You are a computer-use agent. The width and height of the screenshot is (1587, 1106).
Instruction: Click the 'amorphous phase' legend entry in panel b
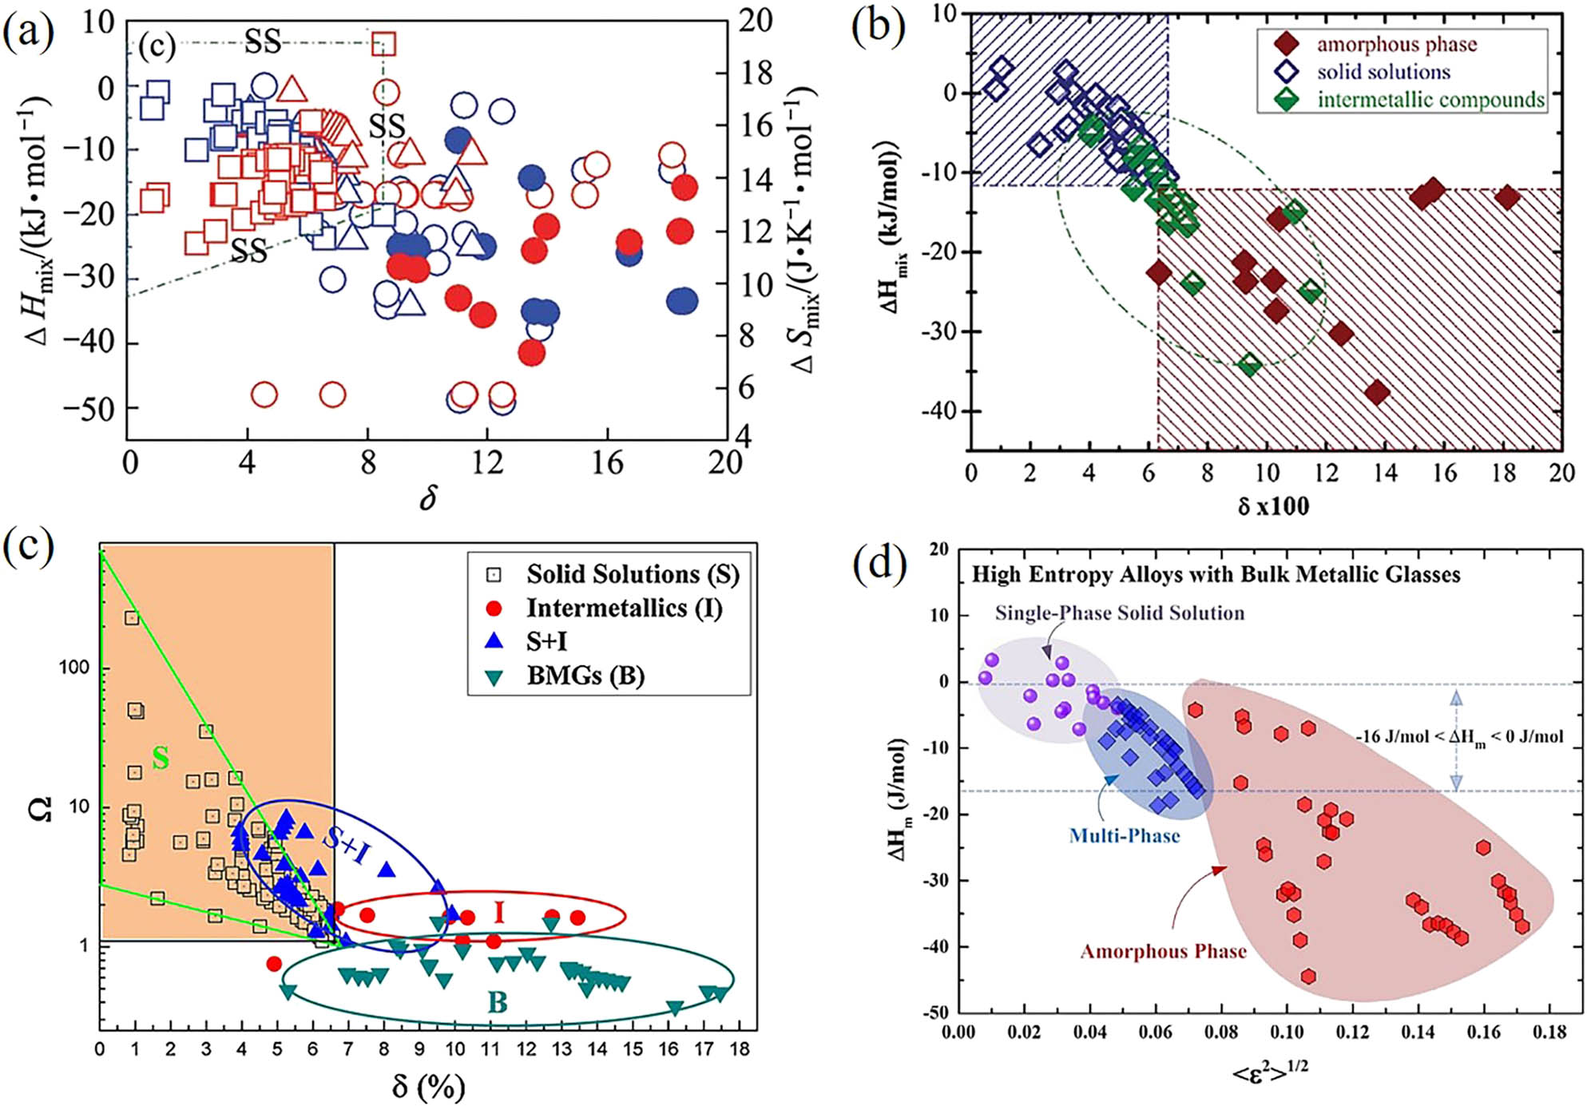click(1396, 44)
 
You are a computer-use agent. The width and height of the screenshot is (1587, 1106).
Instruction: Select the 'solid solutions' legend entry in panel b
click(1383, 72)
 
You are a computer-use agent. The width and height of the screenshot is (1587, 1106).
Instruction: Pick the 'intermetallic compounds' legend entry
click(1430, 100)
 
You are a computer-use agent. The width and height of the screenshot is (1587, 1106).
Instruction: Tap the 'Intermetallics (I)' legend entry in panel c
click(624, 608)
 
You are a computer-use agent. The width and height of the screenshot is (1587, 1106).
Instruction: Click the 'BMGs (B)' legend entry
click(585, 676)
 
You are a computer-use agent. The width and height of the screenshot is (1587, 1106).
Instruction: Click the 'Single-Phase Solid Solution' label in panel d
click(1119, 613)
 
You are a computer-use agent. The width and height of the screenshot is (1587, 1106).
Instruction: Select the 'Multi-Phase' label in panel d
click(1125, 836)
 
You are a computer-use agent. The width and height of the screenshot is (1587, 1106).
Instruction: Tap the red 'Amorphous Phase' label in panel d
click(1163, 951)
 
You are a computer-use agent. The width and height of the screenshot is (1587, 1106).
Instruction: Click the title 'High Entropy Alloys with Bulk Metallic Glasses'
click(1216, 575)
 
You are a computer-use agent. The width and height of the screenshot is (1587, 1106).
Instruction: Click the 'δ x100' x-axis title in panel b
click(1273, 506)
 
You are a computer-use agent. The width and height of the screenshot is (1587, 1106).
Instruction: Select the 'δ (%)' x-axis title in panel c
click(428, 1087)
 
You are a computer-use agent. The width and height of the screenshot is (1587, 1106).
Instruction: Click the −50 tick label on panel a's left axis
click(89, 409)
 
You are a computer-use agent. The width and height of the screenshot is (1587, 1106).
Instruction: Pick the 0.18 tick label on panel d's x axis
click(1549, 1033)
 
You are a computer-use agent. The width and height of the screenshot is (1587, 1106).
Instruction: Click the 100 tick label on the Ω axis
click(73, 667)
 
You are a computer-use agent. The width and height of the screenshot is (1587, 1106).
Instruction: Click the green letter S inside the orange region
click(161, 757)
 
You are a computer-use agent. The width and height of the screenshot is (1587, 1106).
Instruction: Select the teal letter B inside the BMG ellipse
click(498, 1002)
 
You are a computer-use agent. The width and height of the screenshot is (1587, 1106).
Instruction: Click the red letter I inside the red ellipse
click(500, 911)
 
